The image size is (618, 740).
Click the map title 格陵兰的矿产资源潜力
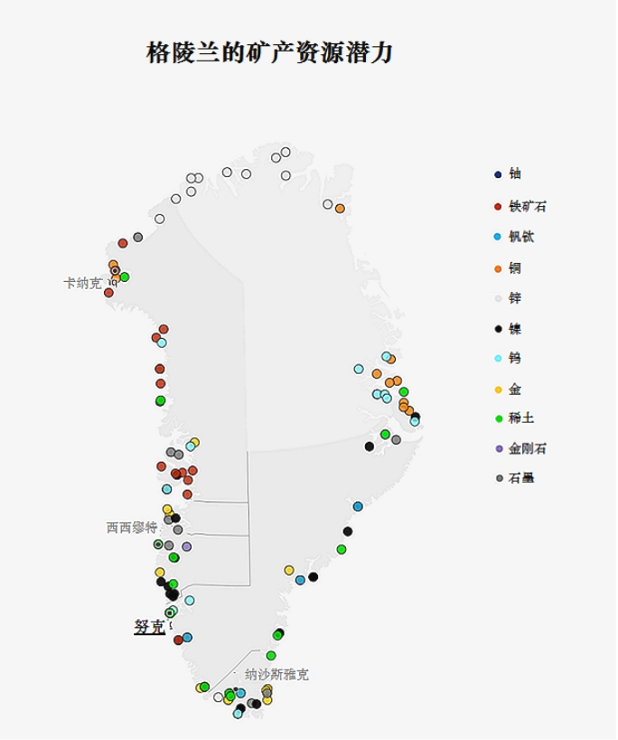[269, 53]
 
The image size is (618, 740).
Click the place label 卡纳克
[82, 284]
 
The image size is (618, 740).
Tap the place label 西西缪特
[131, 528]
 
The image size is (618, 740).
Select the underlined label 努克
[149, 626]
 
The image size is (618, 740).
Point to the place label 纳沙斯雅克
[276, 674]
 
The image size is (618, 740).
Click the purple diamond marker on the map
[187, 547]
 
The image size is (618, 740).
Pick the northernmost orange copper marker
[340, 209]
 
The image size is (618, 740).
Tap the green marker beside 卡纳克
[125, 276]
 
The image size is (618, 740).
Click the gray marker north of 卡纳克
[137, 238]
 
